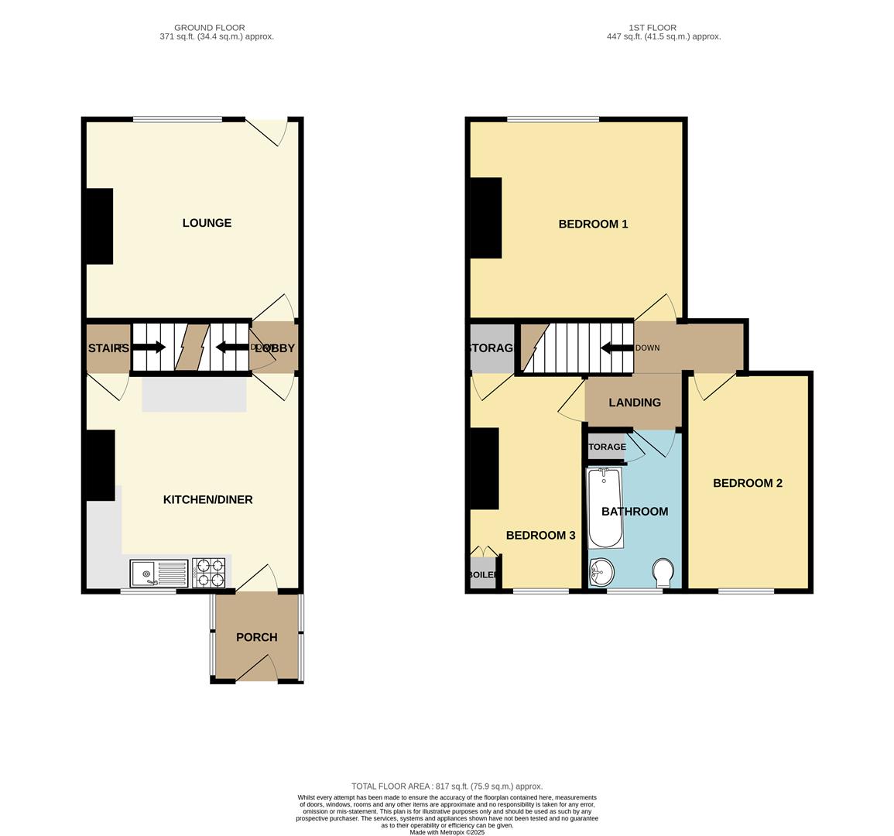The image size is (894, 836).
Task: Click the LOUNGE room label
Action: [207, 223]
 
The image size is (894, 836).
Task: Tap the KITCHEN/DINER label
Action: [207, 499]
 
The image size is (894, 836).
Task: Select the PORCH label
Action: [256, 637]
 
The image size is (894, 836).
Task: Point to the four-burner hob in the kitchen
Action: [209, 573]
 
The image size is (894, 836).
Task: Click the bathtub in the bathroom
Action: [605, 507]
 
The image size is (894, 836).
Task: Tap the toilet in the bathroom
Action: [663, 574]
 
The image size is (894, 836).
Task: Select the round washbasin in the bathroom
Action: [601, 574]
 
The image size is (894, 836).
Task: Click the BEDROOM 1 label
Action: [593, 224]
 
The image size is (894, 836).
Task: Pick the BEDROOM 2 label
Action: [748, 483]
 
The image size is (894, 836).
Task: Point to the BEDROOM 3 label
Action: [540, 535]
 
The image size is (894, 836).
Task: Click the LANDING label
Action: [635, 403]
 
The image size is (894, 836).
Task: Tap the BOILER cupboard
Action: [482, 575]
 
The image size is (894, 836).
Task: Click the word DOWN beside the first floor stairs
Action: [647, 348]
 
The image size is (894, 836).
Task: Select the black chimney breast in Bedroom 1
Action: [486, 218]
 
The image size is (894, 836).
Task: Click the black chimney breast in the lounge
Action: [99, 226]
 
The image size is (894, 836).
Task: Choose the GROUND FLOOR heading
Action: [211, 27]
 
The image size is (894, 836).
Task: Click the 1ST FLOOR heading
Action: [663, 27]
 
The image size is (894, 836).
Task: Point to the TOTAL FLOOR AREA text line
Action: [447, 786]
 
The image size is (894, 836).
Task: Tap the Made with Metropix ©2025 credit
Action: [447, 832]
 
